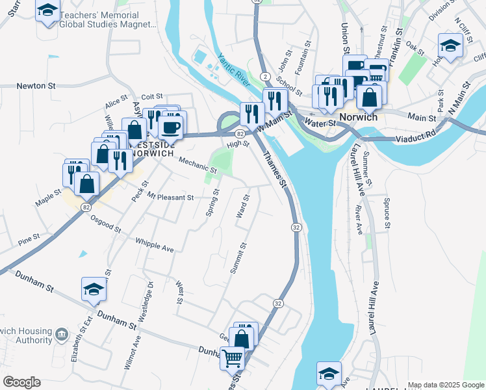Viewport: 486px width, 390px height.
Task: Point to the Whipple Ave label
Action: (x=155, y=245)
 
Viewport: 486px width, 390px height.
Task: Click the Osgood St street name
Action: (x=106, y=224)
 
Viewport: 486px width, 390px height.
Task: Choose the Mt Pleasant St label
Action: (x=170, y=197)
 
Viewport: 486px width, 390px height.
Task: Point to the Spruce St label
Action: (x=387, y=213)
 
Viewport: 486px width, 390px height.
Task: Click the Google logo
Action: (x=21, y=382)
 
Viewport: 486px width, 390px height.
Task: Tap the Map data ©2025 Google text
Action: (x=445, y=385)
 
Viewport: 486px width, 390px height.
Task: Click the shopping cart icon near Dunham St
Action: (x=232, y=358)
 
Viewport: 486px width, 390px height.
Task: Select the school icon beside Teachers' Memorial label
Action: (x=47, y=11)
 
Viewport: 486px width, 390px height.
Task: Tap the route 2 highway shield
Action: (x=266, y=77)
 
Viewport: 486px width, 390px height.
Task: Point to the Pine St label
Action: (x=29, y=239)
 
